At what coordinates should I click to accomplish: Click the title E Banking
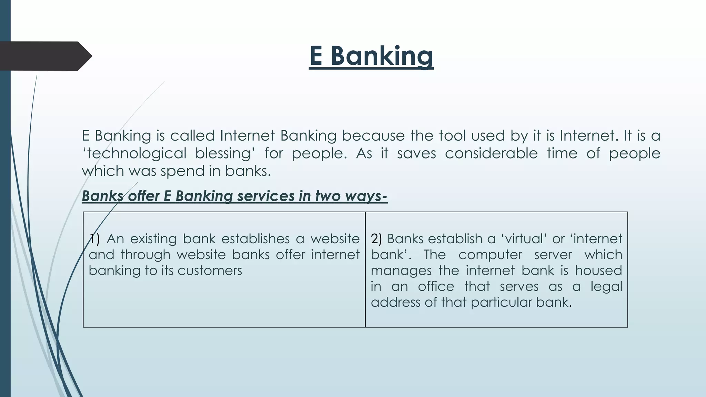point(371,56)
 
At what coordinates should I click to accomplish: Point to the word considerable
point(491,153)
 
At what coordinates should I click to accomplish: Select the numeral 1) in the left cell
point(94,239)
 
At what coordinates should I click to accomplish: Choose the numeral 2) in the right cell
point(376,239)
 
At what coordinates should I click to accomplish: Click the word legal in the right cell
point(606,286)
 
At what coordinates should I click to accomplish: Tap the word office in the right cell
point(436,286)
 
